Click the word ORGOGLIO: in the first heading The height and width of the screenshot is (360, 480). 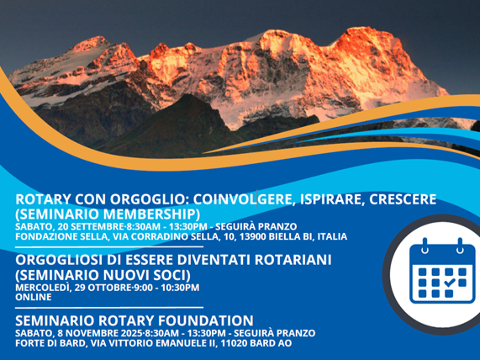[149, 199]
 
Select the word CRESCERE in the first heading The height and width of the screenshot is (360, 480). [403, 199]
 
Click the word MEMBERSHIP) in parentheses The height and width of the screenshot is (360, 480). [152, 214]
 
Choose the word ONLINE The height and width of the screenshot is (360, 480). [34, 297]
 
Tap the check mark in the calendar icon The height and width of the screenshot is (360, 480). [449, 282]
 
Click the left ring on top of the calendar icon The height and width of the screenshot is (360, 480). [425, 246]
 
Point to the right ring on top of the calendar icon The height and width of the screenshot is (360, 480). [460, 246]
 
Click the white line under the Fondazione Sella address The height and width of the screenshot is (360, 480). [109, 246]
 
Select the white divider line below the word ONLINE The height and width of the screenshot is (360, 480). [109, 307]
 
